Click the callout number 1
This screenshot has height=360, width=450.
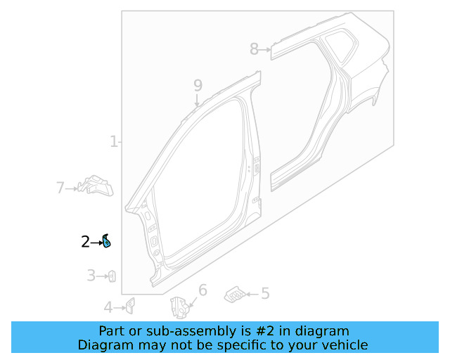(114, 142)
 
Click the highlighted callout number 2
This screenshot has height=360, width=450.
(85, 242)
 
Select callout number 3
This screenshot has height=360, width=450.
(91, 276)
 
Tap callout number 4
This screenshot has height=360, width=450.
(108, 307)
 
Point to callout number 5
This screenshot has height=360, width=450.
(265, 293)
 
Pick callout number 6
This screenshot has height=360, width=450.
(202, 290)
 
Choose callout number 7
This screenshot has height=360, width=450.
(60, 188)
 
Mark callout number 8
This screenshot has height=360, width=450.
(254, 49)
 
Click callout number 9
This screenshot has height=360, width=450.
(198, 85)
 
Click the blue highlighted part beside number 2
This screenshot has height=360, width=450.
(106, 242)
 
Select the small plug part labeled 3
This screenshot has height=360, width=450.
(111, 276)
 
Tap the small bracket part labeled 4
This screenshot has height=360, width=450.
(129, 304)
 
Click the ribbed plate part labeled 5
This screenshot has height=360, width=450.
(236, 294)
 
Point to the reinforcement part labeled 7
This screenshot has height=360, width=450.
(96, 186)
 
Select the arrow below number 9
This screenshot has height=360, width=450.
(198, 100)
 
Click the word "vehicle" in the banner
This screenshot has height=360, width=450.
(343, 345)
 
